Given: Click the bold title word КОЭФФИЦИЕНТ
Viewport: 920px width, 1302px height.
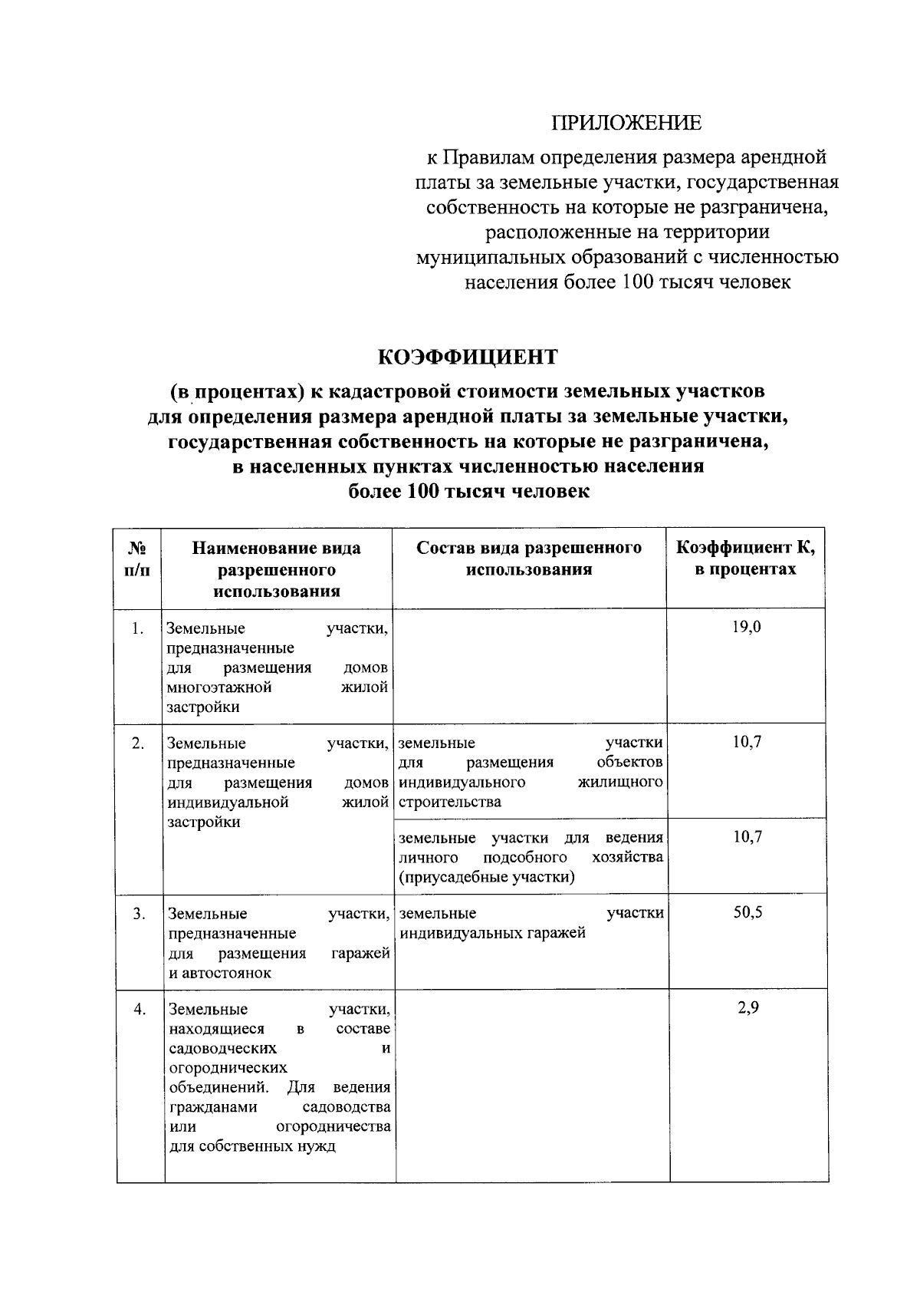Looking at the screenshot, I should click(468, 358).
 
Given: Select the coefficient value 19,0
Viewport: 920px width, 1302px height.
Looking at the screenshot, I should click(746, 628).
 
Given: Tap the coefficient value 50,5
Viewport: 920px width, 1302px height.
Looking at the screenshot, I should click(747, 913).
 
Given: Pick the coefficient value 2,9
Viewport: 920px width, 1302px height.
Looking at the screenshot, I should click(748, 1008).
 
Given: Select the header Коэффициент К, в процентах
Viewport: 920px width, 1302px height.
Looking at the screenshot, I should click(745, 559).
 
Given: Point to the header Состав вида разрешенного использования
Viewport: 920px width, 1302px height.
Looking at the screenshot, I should click(529, 559).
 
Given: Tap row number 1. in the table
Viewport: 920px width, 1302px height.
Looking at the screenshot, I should click(137, 629).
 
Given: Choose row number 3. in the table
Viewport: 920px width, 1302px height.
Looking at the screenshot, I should click(139, 914).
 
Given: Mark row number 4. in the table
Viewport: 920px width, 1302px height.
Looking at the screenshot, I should click(140, 1010).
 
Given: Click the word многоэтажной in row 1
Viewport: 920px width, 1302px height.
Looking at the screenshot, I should click(219, 687).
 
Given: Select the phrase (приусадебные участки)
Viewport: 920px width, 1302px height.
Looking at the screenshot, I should click(486, 877).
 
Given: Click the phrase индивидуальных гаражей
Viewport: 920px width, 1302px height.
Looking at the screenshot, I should click(492, 933).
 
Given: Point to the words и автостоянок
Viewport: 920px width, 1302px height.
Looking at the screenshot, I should click(220, 973).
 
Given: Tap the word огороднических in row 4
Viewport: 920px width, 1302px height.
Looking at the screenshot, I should click(228, 1067).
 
